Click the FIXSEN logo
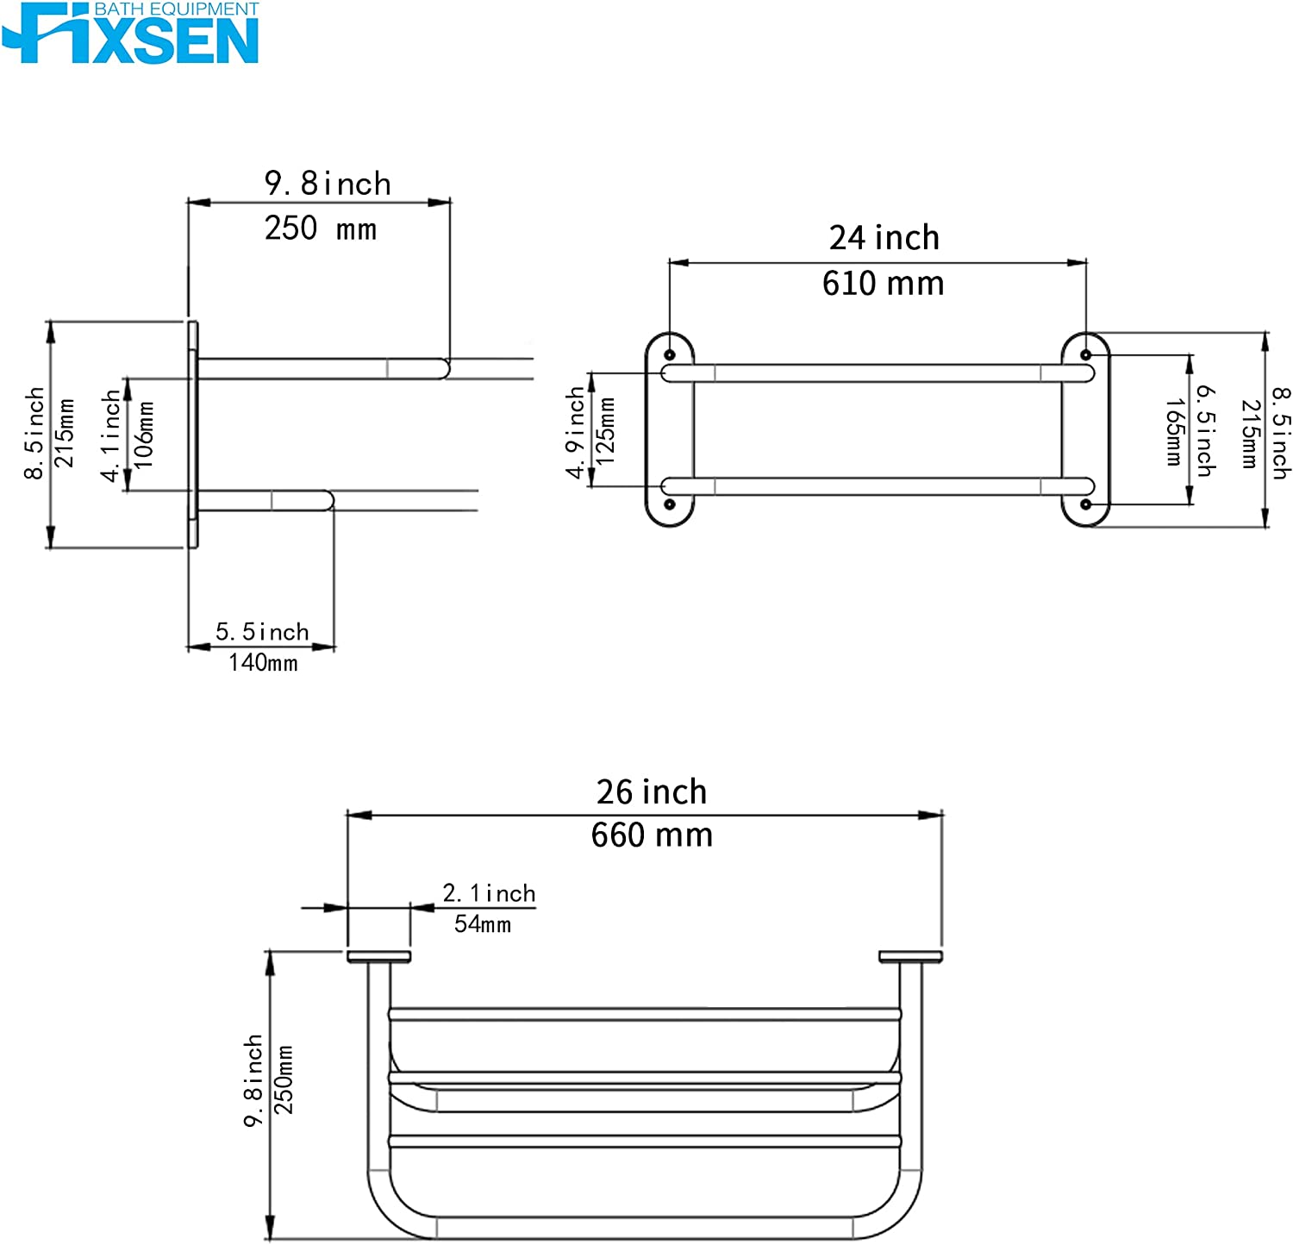click(130, 33)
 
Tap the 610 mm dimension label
click(883, 284)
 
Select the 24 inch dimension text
click(884, 238)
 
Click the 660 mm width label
click(652, 835)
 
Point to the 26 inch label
click(652, 791)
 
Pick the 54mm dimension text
click(483, 924)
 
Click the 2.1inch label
click(489, 893)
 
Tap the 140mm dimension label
click(263, 663)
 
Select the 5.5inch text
click(262, 632)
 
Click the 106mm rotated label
click(143, 435)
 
